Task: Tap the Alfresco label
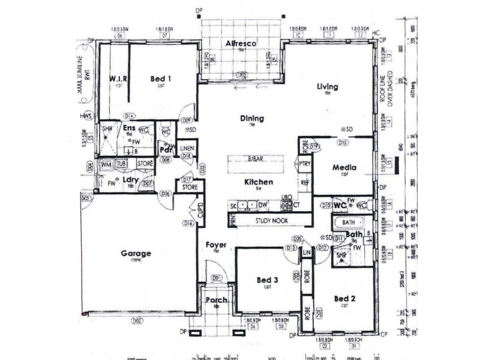point(241,44)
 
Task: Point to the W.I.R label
point(116,79)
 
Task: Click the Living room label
point(328,87)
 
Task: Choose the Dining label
point(252,118)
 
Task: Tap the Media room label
point(345,167)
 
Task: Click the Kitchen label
point(259,182)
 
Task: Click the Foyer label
point(215,245)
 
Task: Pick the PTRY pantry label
point(305,163)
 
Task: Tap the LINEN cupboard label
point(187,148)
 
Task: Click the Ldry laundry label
point(131,179)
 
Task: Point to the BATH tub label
point(349,223)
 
